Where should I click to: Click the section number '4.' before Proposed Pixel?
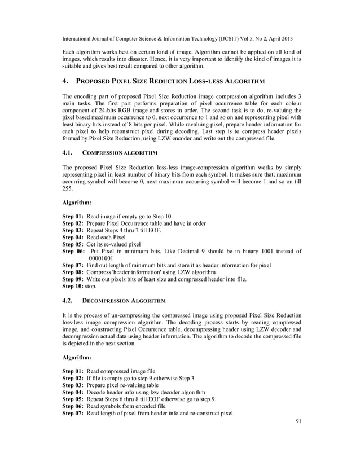pos(65,82)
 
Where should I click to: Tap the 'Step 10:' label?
pos(73,287)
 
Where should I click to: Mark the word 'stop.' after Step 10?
pos(91,287)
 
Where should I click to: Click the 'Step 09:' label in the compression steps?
pos(73,279)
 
